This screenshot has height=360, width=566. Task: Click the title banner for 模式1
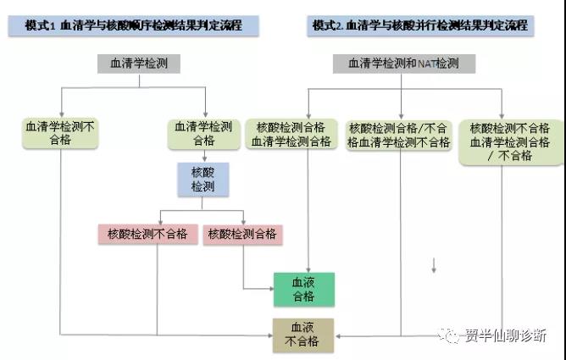point(133,25)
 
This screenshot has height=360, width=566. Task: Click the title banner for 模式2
point(420,25)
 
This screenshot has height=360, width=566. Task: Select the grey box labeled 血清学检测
point(139,64)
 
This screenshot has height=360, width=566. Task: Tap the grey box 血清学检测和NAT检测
point(404,64)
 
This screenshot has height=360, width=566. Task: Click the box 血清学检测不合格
point(60,134)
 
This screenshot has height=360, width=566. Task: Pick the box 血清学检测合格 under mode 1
point(204,134)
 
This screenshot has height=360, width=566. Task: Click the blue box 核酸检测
point(203,180)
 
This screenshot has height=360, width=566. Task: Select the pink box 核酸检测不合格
point(148,235)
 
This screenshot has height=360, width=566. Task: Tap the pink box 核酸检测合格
point(242,235)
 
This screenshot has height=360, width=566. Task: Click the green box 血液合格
point(304,290)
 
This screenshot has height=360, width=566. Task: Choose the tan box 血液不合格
point(303,335)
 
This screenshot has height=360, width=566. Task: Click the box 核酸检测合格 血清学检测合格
point(291,134)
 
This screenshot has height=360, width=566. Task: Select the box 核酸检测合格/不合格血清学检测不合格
point(399,136)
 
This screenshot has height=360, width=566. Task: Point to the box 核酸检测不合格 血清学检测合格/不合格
point(510,142)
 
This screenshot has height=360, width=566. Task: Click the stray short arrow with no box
point(434,265)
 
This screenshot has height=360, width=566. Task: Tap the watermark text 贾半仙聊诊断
point(505,335)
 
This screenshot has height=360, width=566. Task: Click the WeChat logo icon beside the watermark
point(449,335)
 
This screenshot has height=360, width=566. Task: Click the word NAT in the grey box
point(427,64)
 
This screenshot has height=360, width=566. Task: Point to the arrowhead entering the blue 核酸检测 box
point(205,159)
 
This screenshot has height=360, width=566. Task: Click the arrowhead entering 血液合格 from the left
point(271,289)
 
